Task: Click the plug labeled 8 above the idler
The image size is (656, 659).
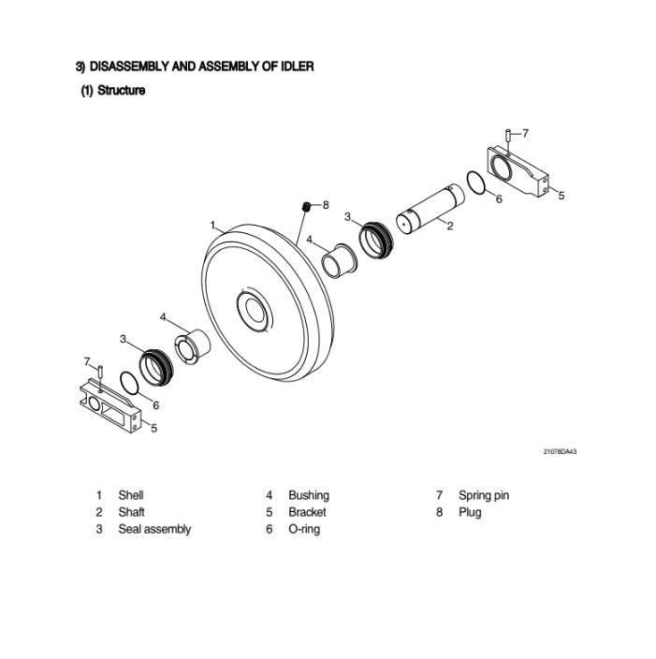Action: coord(305,206)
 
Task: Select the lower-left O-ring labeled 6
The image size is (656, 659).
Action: coord(132,384)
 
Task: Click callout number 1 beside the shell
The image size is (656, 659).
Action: coord(212,226)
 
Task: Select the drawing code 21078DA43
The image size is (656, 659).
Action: coord(560,452)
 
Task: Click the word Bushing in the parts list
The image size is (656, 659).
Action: coord(308,495)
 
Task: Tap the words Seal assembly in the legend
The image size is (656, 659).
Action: coord(154,529)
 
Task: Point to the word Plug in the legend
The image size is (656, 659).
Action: coord(470,512)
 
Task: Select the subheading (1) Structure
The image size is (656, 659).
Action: coord(112,91)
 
